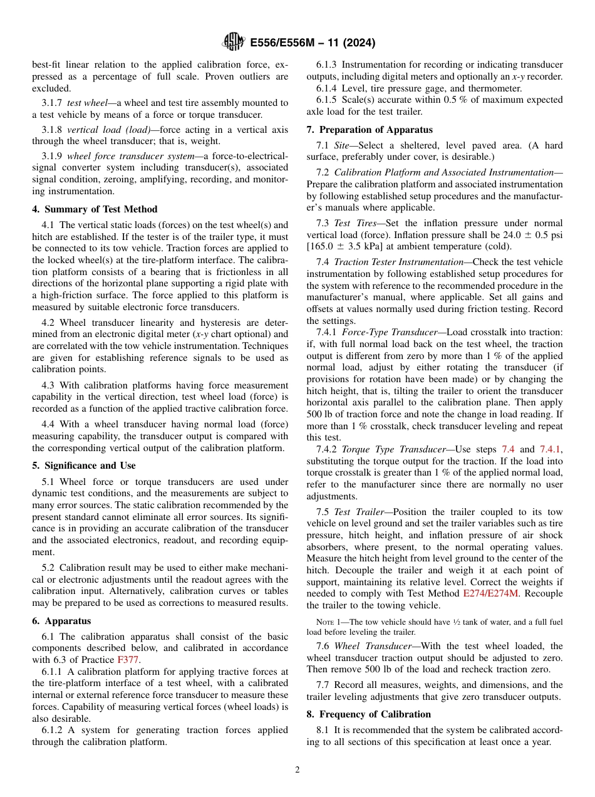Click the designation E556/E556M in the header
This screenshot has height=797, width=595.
(284, 43)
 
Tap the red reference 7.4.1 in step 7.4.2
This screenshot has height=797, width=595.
(551, 449)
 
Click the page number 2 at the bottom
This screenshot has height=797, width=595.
(297, 770)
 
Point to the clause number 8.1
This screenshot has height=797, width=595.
(323, 731)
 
